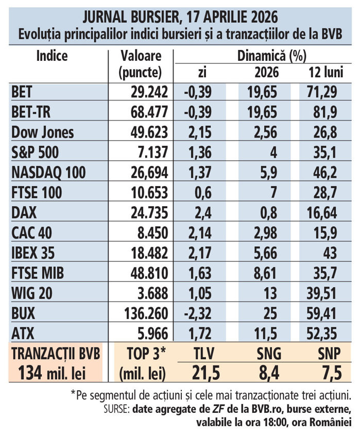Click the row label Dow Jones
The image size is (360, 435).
coord(42,132)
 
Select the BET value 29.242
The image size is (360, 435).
coord(148,92)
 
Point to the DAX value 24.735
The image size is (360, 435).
coord(148,212)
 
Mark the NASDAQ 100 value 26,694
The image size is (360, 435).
coord(148,173)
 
